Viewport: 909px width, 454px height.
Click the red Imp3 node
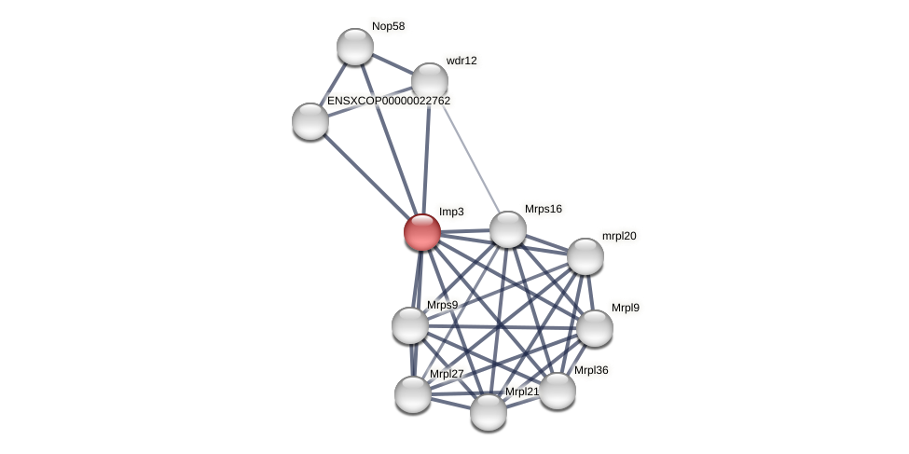click(x=421, y=231)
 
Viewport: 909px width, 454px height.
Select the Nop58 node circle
click(x=354, y=47)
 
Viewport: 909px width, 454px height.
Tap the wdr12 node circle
click(x=429, y=81)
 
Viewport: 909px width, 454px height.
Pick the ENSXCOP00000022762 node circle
click(x=310, y=121)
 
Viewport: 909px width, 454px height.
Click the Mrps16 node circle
click(x=507, y=229)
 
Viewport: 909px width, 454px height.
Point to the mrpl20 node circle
click(x=585, y=256)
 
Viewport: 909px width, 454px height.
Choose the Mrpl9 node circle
click(x=594, y=328)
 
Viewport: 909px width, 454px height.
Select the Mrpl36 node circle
click(x=558, y=391)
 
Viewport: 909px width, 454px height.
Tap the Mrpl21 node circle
click(x=488, y=411)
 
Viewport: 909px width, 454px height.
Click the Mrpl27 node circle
click(x=412, y=393)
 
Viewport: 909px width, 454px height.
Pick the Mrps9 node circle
click(x=409, y=325)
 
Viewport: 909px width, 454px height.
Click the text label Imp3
click(x=451, y=212)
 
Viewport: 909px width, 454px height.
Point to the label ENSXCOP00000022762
click(x=388, y=101)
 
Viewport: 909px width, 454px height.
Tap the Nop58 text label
click(x=388, y=26)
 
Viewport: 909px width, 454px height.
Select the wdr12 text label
click(x=461, y=61)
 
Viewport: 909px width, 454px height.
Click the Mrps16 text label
click(x=544, y=209)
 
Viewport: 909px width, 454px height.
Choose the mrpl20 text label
click(x=619, y=236)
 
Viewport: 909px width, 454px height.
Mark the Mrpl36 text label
click(x=591, y=370)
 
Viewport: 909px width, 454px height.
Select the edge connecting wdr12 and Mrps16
click(x=468, y=155)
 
